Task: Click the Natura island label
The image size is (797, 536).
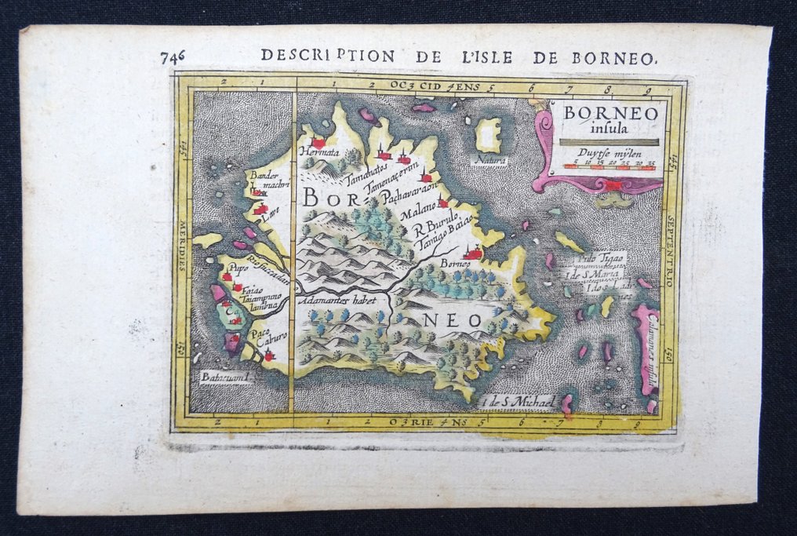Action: (x=489, y=160)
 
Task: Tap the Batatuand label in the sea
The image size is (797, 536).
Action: (x=223, y=377)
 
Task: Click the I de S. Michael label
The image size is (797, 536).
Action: (x=520, y=403)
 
